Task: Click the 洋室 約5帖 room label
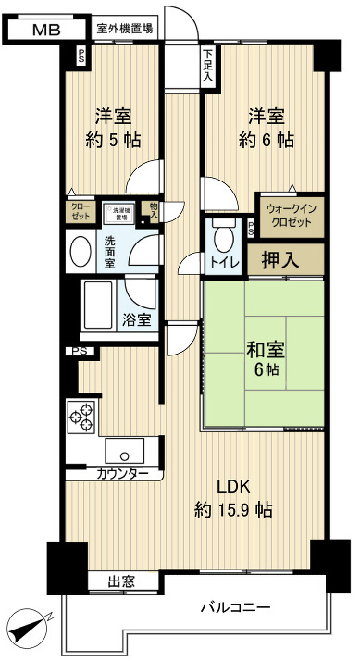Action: click(x=116, y=129)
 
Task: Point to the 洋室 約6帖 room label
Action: click(x=266, y=129)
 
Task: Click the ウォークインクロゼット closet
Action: click(x=291, y=216)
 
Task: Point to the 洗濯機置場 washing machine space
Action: click(x=118, y=213)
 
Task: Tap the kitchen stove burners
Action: click(x=81, y=417)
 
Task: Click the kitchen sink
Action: click(x=123, y=452)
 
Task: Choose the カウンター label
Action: click(x=122, y=473)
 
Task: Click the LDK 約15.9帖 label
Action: click(x=233, y=499)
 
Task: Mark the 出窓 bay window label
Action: click(x=121, y=582)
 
